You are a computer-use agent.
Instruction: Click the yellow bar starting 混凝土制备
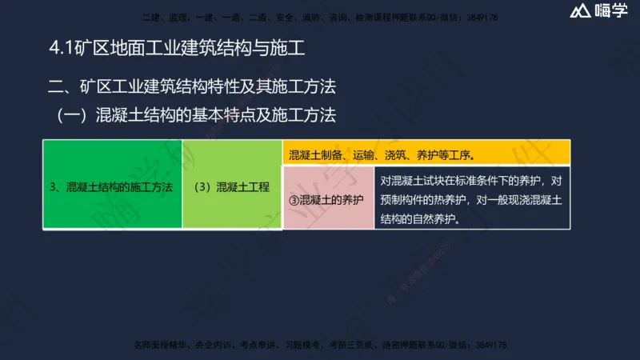pyautogui.click(x=426, y=154)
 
